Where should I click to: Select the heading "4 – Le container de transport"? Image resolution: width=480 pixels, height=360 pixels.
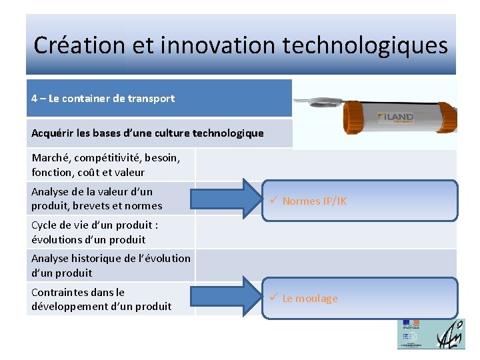[x=103, y=99]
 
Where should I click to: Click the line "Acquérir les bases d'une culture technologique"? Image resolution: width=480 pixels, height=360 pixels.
[x=147, y=133]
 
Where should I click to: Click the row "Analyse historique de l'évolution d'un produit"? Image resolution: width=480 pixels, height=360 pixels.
[x=111, y=265]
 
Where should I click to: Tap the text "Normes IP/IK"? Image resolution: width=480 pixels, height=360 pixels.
[x=314, y=201]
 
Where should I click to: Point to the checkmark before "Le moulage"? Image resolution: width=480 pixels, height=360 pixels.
[x=273, y=298]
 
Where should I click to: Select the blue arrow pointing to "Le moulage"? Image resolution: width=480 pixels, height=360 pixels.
[x=230, y=298]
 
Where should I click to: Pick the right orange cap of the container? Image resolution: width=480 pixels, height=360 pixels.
[x=445, y=118]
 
